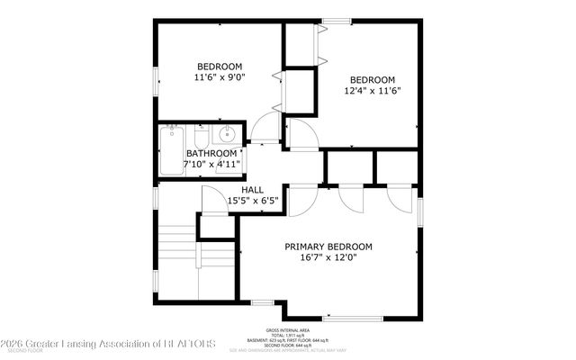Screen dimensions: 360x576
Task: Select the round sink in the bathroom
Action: pyautogui.click(x=226, y=136)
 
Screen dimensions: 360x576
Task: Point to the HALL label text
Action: pyautogui.click(x=252, y=190)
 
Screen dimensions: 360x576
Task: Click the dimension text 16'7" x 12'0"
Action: pyautogui.click(x=328, y=258)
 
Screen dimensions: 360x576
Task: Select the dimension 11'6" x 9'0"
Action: pyautogui.click(x=220, y=77)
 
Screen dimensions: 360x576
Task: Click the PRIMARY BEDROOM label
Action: pyautogui.click(x=328, y=247)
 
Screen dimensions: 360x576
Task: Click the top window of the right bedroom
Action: pyautogui.click(x=336, y=21)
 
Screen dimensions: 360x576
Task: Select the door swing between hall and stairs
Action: pyautogui.click(x=212, y=199)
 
